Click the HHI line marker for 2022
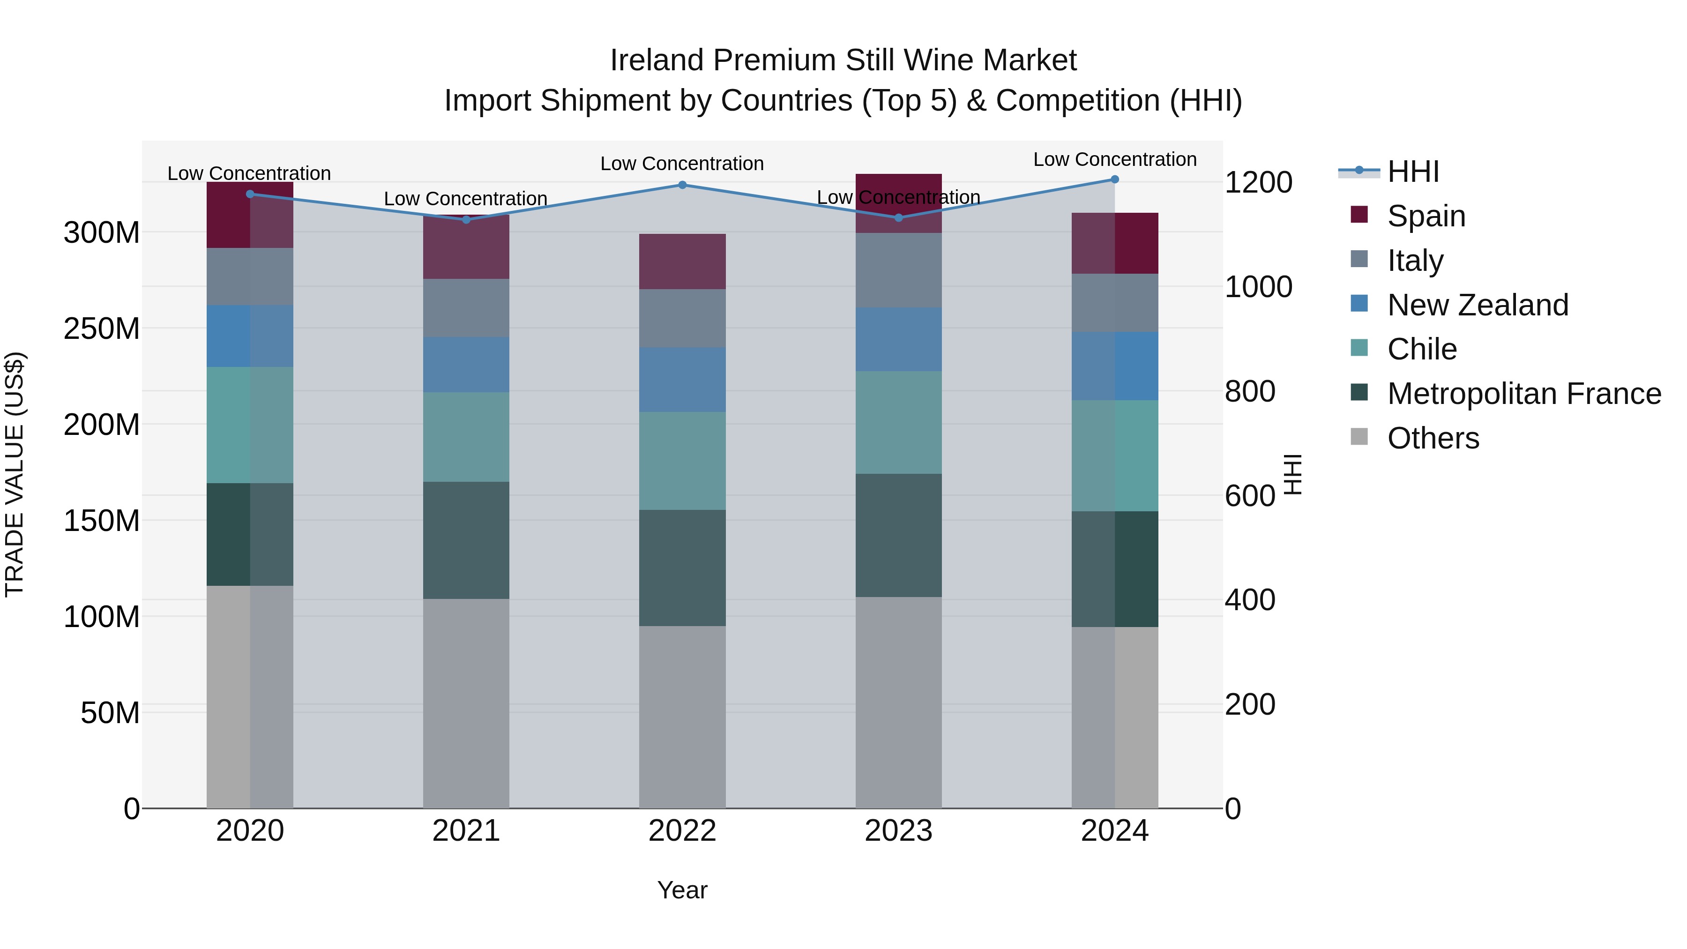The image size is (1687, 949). click(682, 185)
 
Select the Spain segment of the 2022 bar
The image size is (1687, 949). click(682, 262)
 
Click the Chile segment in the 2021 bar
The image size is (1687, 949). click(466, 437)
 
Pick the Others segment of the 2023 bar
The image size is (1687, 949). click(898, 702)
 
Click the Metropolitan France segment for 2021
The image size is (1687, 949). click(466, 540)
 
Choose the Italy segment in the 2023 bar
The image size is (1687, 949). click(898, 270)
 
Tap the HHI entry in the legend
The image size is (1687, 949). click(1412, 172)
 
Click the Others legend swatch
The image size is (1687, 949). click(1359, 437)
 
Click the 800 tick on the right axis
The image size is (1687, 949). click(1249, 392)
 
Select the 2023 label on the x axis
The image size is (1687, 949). click(898, 831)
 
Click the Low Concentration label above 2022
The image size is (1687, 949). click(682, 164)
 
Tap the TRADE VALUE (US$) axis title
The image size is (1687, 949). click(15, 474)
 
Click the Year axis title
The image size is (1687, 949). click(682, 890)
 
